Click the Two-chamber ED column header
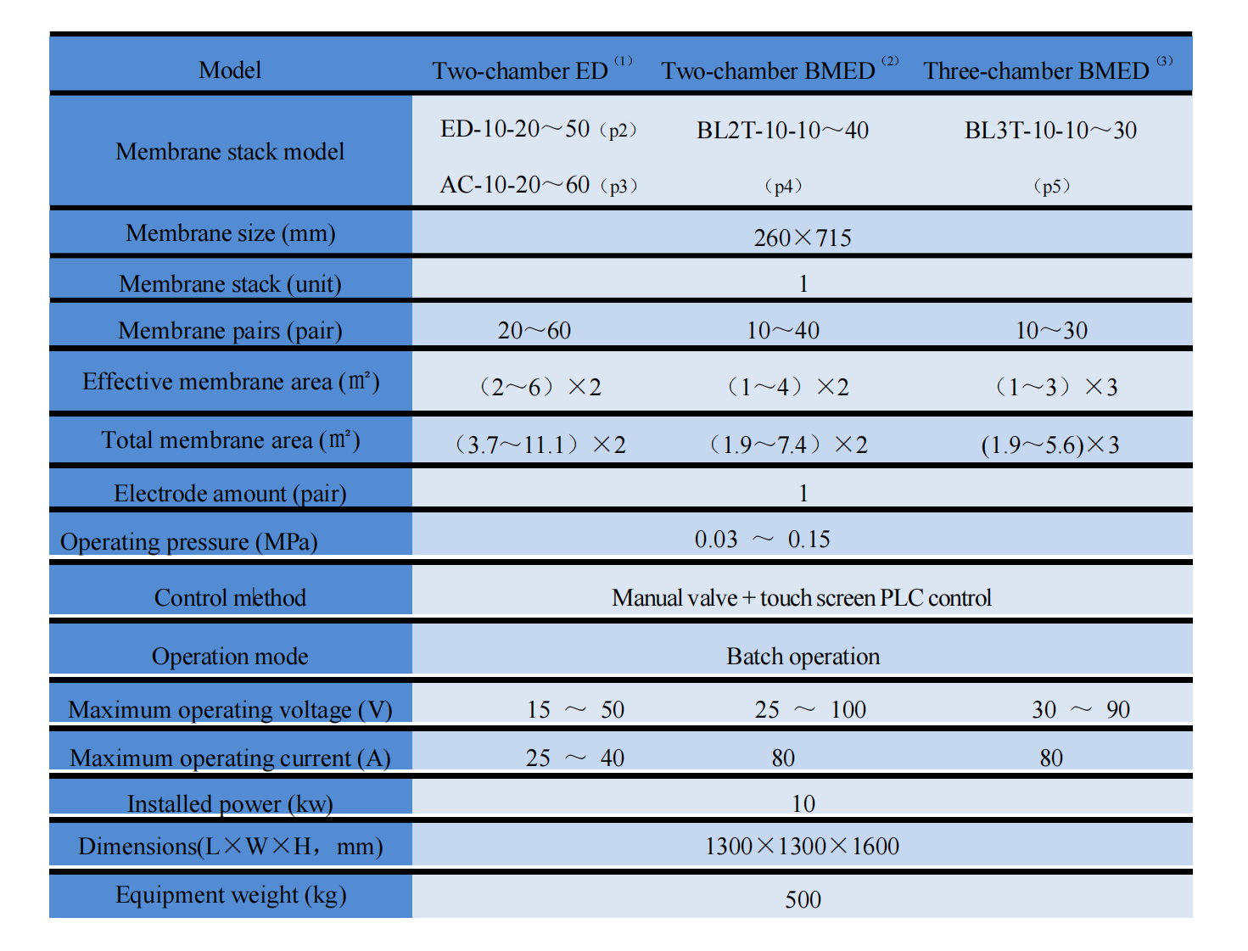tap(532, 70)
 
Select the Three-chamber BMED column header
tap(1047, 70)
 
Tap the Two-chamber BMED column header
tap(779, 70)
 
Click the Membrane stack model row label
tap(230, 151)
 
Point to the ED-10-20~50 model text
tap(514, 129)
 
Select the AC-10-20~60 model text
tap(514, 185)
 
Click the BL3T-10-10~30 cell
tap(1050, 130)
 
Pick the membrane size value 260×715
tap(803, 238)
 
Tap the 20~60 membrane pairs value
tap(534, 330)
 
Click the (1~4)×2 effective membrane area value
tap(788, 387)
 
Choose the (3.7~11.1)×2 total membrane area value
tap(540, 445)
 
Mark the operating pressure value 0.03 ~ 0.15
tap(762, 539)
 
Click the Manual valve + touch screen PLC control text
tap(801, 597)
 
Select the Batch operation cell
tap(803, 657)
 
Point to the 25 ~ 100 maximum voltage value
tap(809, 709)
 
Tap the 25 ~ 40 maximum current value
tap(574, 758)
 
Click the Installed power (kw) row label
tap(230, 803)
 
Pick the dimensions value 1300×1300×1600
tap(802, 847)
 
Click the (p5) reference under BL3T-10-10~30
tap(1051, 186)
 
